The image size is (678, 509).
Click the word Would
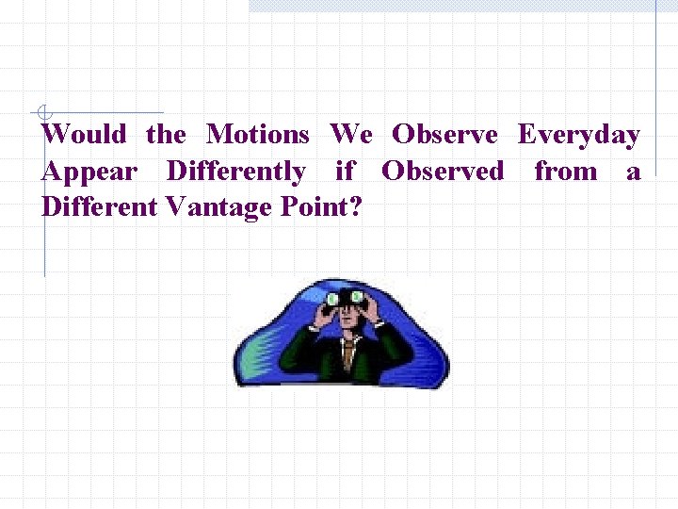84,135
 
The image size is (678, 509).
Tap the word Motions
258,135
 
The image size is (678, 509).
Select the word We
351,135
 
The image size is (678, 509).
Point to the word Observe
444,135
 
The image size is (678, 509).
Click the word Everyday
579,135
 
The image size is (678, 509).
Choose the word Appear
89,172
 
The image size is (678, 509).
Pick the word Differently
235,172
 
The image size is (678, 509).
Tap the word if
345,172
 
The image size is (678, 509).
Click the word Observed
443,172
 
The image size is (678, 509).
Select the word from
566,172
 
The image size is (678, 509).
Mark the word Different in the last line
101,206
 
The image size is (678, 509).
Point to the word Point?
321,206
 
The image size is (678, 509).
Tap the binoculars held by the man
344,299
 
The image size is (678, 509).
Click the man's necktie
349,353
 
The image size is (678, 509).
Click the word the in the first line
166,135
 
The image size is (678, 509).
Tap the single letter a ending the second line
633,172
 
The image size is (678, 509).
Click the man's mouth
347,325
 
